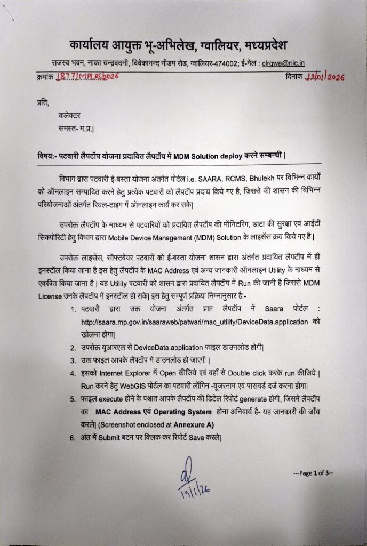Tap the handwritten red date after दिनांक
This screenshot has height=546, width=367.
pos(325,77)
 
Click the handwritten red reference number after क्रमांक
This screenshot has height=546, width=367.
pos(86,77)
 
